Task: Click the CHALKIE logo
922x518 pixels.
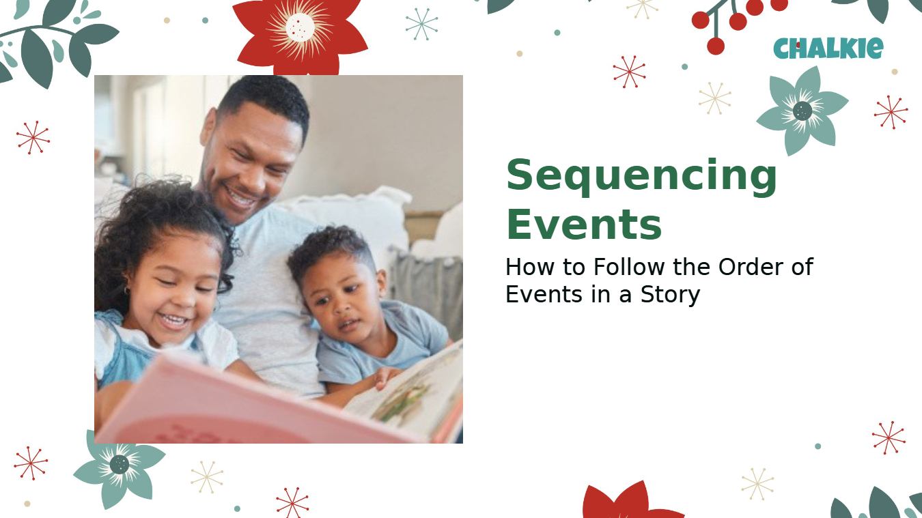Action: coord(828,48)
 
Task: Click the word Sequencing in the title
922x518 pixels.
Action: coord(641,175)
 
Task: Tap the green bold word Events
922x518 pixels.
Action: coord(584,225)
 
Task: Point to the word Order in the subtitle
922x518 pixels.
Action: coord(751,267)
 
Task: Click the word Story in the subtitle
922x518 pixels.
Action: coord(670,295)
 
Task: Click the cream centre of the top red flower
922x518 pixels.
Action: coord(300,27)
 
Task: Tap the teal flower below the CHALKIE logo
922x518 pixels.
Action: coord(802,111)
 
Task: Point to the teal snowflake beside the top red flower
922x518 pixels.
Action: coord(421,24)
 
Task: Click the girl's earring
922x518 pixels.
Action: coord(127,291)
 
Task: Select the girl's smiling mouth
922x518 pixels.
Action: coord(173,321)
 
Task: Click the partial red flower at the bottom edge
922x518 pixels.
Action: coord(632,500)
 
